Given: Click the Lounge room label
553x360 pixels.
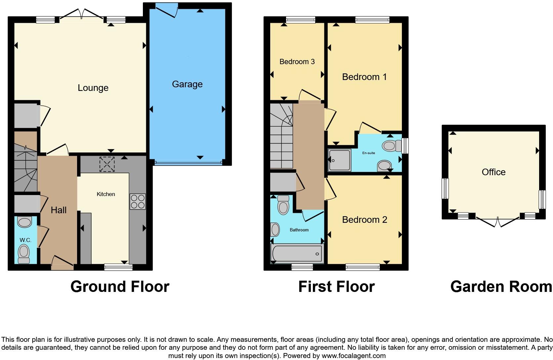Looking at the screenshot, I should (x=93, y=88).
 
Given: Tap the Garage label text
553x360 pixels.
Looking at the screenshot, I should (x=187, y=84).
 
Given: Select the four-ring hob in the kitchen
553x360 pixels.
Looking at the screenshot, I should (x=138, y=201).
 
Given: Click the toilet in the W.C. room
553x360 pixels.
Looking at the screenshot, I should (x=23, y=253).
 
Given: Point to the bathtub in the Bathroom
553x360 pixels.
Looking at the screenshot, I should (x=297, y=254).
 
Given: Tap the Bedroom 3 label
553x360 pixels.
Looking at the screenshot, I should (x=297, y=62).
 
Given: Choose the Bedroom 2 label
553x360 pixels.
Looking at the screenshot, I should (x=364, y=220).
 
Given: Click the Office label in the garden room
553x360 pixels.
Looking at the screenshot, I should (x=493, y=172).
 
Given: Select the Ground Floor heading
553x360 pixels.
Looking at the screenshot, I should (x=120, y=287).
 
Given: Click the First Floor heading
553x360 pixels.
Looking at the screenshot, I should (x=336, y=287).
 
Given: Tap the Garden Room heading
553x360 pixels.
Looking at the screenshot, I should (x=501, y=287).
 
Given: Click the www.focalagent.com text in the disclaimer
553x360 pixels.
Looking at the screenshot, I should (x=354, y=356).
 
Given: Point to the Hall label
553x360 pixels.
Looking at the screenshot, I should (x=59, y=210).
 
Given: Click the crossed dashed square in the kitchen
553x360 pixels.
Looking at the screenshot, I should (x=107, y=164).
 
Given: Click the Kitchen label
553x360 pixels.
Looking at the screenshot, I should (x=106, y=194).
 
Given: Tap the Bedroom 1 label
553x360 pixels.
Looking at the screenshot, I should (x=364, y=77).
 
